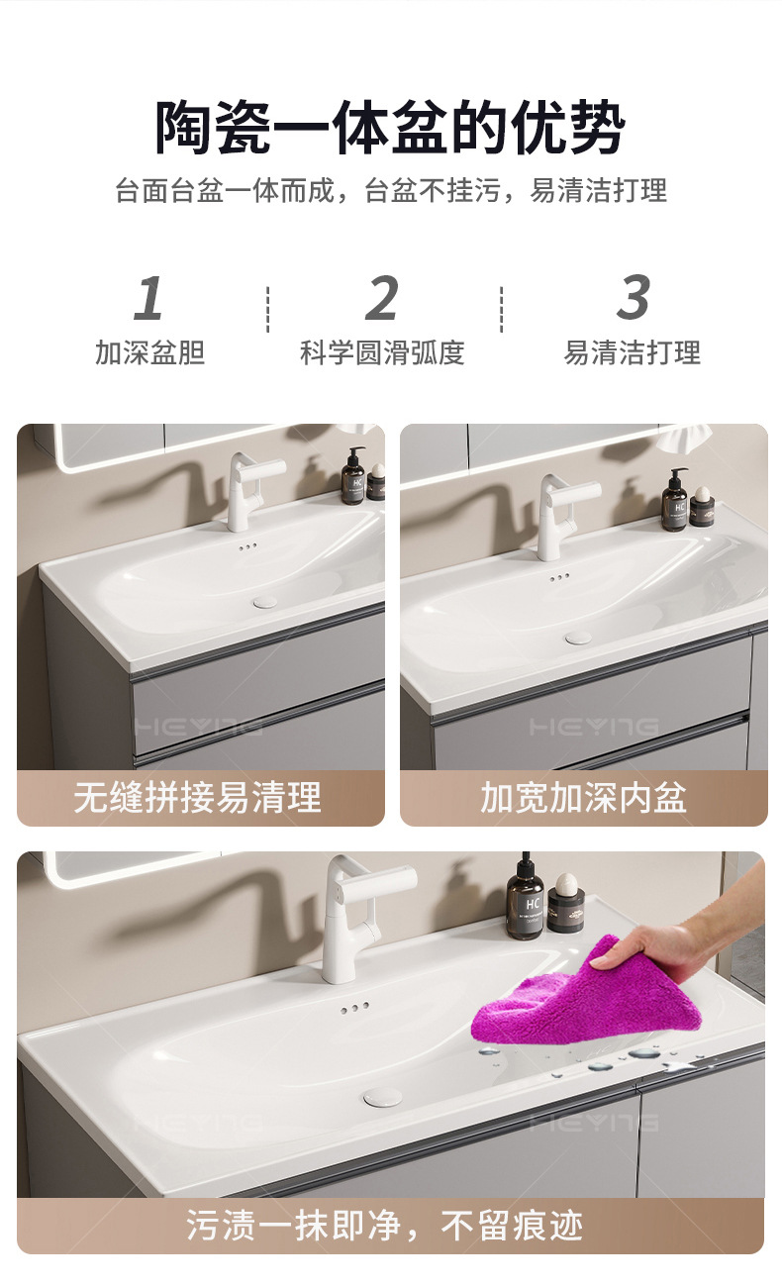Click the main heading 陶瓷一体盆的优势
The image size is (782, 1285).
click(x=390, y=127)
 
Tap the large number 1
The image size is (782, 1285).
click(x=148, y=297)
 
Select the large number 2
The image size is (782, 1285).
click(x=382, y=297)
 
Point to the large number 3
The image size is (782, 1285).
click(x=634, y=297)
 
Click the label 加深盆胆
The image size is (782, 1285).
click(x=149, y=352)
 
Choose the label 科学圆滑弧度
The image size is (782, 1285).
click(x=382, y=352)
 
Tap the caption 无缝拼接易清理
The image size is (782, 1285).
click(x=197, y=797)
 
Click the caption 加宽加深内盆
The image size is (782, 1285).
click(x=583, y=797)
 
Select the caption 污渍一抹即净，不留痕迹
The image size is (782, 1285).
click(x=384, y=1226)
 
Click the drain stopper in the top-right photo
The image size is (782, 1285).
click(x=578, y=637)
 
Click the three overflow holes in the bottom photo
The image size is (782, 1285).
click(x=354, y=1008)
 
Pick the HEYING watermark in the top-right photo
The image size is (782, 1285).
click(x=593, y=727)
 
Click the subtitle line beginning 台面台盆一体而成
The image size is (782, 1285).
click(x=391, y=190)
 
